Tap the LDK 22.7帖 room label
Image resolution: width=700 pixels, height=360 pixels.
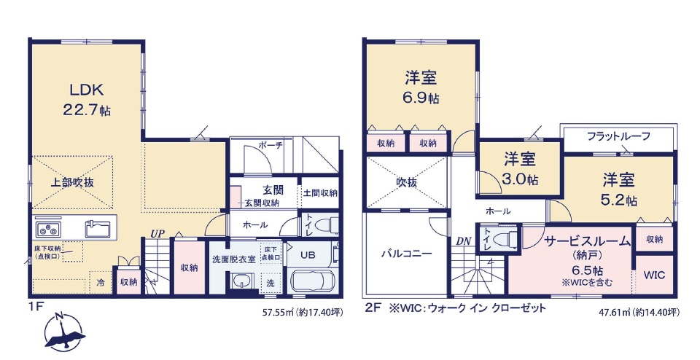(87, 100)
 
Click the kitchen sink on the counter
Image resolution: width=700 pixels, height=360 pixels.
(98, 229)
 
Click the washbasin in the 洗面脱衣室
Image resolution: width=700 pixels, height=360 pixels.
(242, 281)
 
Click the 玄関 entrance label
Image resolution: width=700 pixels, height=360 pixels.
(273, 189)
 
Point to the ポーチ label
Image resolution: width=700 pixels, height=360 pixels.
(270, 145)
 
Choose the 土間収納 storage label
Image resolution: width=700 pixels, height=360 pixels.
(321, 193)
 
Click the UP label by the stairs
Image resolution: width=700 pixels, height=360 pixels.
(157, 233)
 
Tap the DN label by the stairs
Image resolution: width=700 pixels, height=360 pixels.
(464, 241)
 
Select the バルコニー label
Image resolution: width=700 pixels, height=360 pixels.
(406, 254)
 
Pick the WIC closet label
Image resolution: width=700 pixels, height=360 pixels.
(654, 274)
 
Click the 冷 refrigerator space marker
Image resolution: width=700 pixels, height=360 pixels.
(101, 282)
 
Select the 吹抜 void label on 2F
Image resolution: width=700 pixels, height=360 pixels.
(407, 182)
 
